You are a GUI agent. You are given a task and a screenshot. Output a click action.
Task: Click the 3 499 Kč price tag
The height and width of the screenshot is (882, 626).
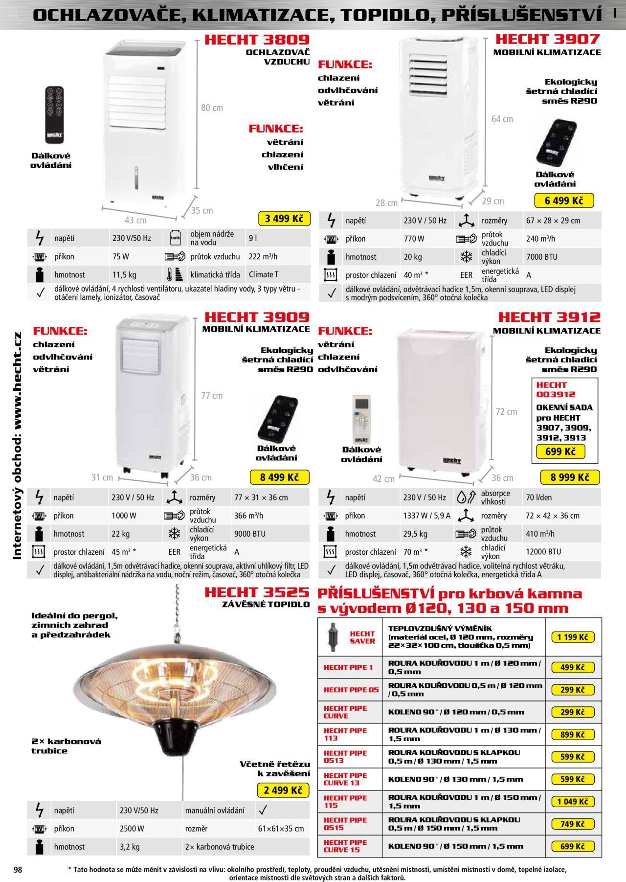(x=284, y=219)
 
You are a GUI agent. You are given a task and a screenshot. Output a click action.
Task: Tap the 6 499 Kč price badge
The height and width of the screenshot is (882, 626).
(x=564, y=201)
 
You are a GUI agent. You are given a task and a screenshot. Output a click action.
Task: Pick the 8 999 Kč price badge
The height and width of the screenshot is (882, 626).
(x=570, y=477)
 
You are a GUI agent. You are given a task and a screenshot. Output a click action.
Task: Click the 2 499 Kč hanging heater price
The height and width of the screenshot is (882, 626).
(x=283, y=790)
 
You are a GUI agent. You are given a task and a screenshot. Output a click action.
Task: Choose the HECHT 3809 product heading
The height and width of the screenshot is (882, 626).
(x=257, y=39)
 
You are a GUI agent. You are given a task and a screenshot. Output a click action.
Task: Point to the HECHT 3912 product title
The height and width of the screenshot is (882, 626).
(x=549, y=317)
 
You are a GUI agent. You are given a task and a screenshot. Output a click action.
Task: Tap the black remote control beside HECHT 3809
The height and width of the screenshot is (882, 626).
(x=54, y=114)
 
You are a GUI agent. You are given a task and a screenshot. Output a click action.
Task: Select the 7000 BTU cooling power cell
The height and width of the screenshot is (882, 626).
(x=541, y=257)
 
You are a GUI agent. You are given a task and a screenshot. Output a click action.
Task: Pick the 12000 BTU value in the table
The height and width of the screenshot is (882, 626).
(x=543, y=552)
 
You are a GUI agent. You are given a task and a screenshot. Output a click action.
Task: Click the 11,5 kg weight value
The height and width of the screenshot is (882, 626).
(x=124, y=274)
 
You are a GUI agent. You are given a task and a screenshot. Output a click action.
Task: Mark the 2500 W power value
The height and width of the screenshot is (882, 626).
(x=132, y=829)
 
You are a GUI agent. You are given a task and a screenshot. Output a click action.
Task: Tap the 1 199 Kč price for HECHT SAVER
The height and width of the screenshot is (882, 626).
(x=573, y=637)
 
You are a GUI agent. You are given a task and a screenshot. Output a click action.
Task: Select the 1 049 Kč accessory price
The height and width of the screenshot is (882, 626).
(x=573, y=801)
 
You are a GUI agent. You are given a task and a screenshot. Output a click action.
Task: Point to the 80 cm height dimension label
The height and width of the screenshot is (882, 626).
(x=212, y=108)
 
